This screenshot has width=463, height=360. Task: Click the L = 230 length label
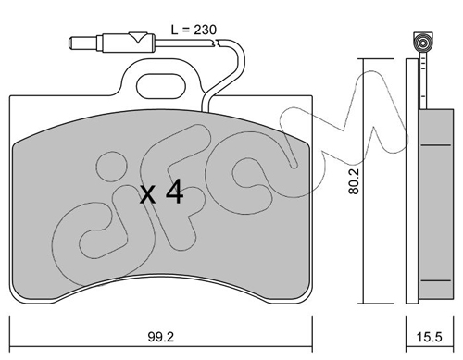(x=194, y=30)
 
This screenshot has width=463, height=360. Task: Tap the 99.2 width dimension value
(x=161, y=337)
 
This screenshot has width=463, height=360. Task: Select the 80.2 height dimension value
(x=354, y=181)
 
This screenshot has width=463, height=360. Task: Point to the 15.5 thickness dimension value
(x=430, y=337)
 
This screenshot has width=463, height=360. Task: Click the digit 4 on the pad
(x=175, y=192)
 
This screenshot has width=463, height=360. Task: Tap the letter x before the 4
(x=147, y=195)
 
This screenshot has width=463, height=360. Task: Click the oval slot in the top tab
(x=161, y=86)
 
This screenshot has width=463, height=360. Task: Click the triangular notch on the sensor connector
(x=138, y=37)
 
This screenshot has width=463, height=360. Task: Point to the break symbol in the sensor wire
(x=216, y=43)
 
